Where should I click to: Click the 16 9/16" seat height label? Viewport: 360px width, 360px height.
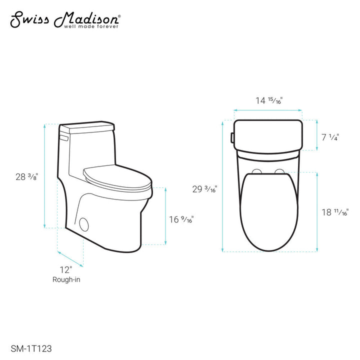181,218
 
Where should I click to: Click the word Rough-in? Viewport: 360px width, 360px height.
64,279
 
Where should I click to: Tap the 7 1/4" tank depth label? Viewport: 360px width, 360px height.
330,136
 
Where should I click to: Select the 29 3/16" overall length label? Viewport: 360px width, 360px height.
205,189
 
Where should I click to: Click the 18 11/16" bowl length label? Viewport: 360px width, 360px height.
334,212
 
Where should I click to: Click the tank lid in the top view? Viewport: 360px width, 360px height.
268,134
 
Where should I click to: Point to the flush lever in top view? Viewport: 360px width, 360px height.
232,135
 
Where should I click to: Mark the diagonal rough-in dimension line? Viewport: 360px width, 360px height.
70,257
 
